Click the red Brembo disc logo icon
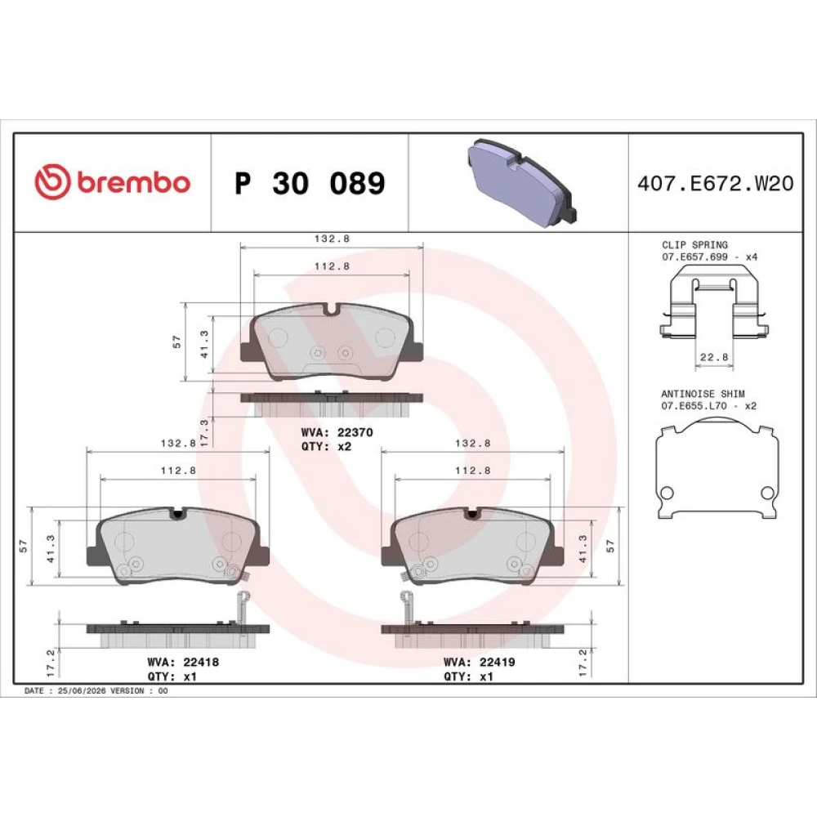[52, 181]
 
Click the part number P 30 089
[310, 183]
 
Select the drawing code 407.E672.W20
[716, 183]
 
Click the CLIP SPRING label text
[694, 245]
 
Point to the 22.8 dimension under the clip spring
[714, 358]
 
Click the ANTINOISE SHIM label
[703, 394]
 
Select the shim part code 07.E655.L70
[694, 406]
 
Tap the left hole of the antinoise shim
[667, 493]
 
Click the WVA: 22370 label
[337, 432]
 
